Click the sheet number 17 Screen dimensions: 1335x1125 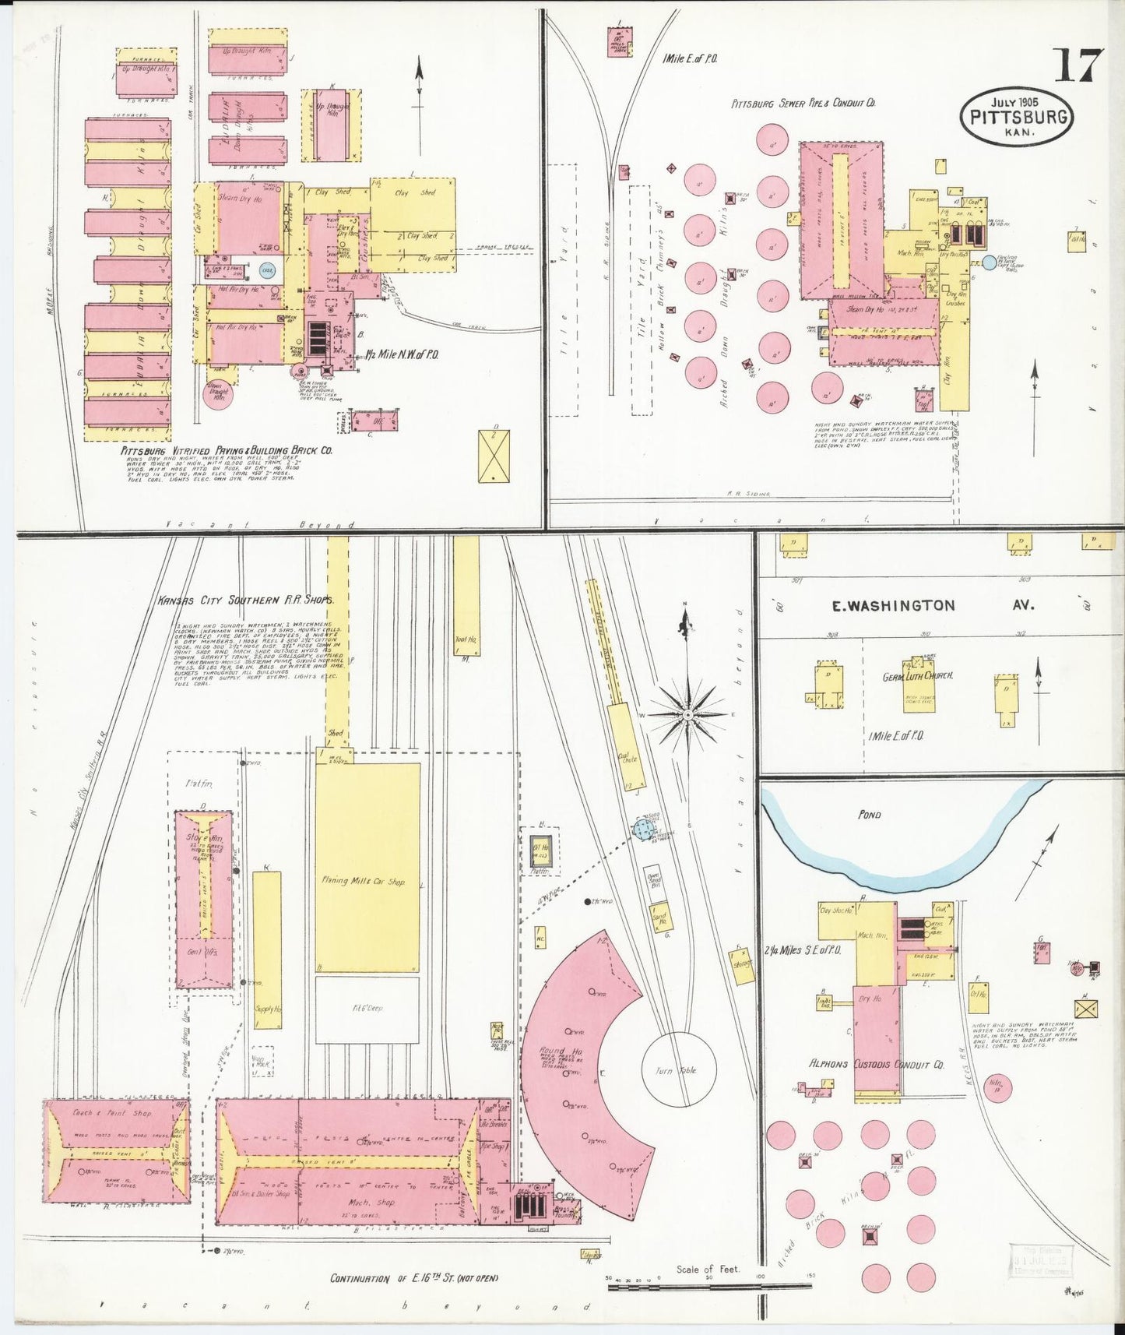pos(1079,65)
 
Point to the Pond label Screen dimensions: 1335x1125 pos(869,815)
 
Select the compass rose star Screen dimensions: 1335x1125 pos(688,713)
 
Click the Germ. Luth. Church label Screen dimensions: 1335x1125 pos(918,676)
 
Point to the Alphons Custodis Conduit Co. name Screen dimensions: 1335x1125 pos(876,1064)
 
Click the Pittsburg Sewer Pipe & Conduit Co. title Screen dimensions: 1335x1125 pos(803,103)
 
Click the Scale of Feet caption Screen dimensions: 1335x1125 pos(708,1270)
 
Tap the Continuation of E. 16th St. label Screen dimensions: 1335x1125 pos(413,1279)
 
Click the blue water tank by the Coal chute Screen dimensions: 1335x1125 pos(642,830)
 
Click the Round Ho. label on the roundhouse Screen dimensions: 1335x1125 pos(554,1053)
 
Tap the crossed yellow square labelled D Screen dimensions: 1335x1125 pos(494,456)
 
